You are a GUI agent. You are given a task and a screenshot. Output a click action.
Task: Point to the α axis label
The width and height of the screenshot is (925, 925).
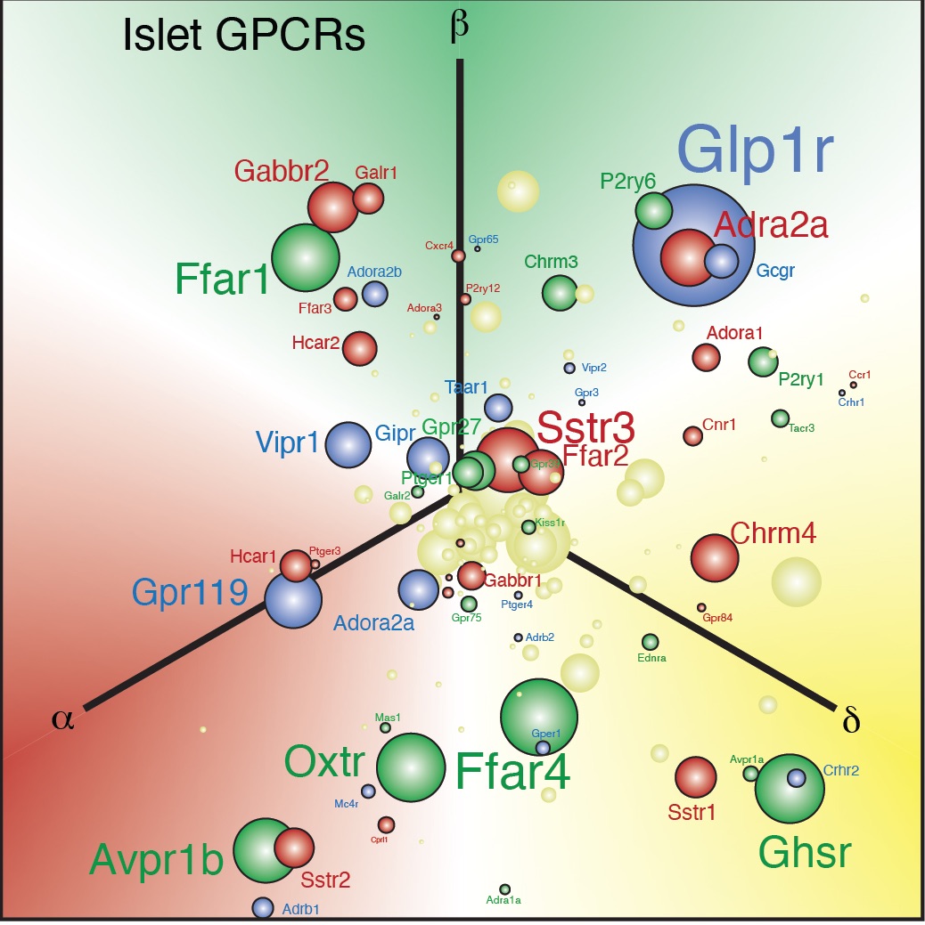click(62, 718)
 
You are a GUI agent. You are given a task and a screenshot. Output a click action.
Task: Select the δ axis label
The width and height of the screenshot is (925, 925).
click(850, 719)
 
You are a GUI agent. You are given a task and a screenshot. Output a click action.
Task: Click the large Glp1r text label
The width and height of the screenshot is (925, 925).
click(756, 150)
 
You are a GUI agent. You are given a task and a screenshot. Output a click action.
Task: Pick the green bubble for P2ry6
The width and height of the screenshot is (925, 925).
click(653, 210)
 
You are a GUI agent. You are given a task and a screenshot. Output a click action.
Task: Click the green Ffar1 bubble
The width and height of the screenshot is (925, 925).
click(305, 257)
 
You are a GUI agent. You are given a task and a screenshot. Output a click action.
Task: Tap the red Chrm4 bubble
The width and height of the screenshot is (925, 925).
click(715, 558)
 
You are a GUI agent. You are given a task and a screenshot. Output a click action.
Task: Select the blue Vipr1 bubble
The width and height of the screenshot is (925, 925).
click(348, 445)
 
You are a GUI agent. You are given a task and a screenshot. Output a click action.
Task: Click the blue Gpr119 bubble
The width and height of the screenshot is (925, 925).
click(292, 600)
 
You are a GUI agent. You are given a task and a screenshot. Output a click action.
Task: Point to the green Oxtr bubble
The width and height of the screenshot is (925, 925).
click(411, 767)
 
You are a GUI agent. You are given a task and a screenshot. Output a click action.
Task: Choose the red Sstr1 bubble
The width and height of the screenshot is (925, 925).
click(695, 777)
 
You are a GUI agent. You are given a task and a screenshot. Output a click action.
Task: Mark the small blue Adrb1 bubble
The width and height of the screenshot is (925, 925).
click(262, 907)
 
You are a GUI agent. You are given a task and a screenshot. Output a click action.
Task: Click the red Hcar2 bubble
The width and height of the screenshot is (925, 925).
click(360, 348)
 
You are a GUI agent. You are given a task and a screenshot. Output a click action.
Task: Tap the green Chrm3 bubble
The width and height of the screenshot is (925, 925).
click(560, 293)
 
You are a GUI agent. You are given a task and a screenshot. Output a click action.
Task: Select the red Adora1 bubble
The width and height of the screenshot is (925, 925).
click(706, 357)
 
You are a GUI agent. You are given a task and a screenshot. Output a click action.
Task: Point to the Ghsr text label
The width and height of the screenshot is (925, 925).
click(805, 853)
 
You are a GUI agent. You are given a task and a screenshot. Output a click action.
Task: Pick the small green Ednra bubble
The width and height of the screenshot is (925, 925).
click(651, 642)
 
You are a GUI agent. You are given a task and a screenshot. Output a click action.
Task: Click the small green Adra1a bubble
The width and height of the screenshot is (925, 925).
click(504, 889)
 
